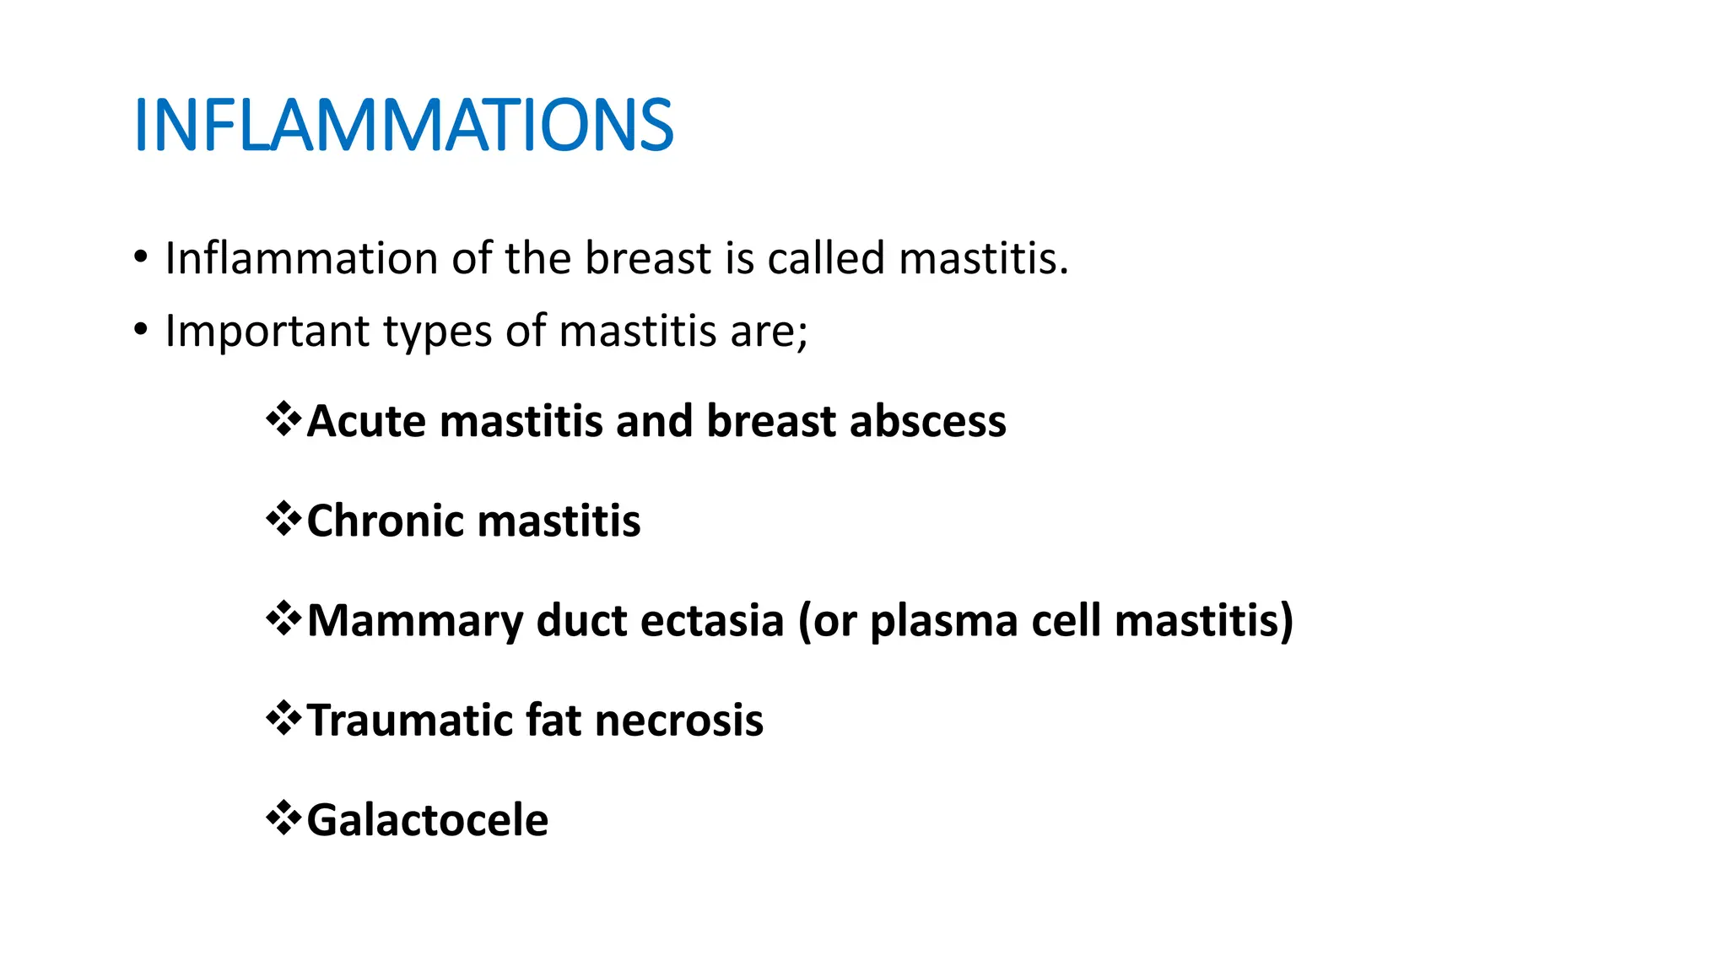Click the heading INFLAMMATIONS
tap(403, 126)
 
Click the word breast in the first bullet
tap(648, 258)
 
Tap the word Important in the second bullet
tap(267, 331)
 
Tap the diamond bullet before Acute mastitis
tap(283, 419)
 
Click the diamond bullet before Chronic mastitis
tap(283, 519)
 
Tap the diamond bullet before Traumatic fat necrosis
tap(283, 718)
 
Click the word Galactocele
tap(427, 820)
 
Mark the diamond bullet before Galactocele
tap(283, 818)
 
